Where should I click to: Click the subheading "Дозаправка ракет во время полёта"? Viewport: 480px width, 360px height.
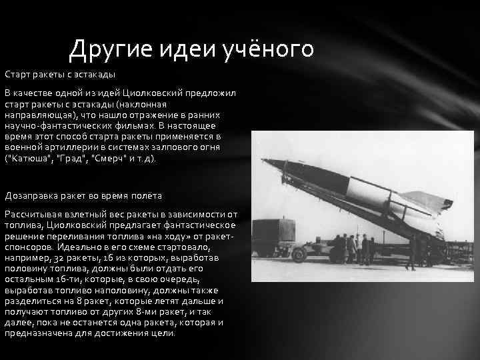[83, 195]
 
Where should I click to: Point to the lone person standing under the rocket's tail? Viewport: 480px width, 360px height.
[411, 254]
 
